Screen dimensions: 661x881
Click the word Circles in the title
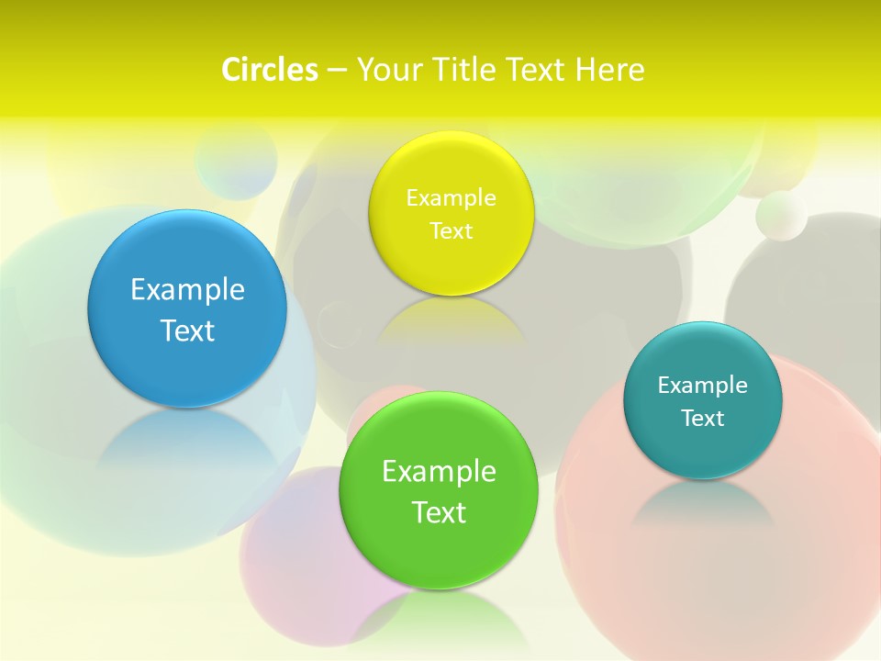click(269, 70)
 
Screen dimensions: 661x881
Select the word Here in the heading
click(609, 70)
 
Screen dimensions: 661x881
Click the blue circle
click(187, 308)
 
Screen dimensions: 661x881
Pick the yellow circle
click(451, 213)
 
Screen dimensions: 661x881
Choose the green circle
click(438, 490)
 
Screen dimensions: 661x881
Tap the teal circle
click(703, 400)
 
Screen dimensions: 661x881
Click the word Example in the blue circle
click(187, 289)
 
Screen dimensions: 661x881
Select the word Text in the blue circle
click(187, 330)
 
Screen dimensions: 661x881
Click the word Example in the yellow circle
click(451, 197)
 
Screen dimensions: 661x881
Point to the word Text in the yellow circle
click(451, 230)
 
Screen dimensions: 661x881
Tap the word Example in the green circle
click(439, 471)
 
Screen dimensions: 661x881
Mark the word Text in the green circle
click(439, 512)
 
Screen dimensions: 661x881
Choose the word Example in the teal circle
click(703, 385)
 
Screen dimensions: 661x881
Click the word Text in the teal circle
click(703, 418)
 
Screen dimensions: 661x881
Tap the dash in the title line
click(336, 70)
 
